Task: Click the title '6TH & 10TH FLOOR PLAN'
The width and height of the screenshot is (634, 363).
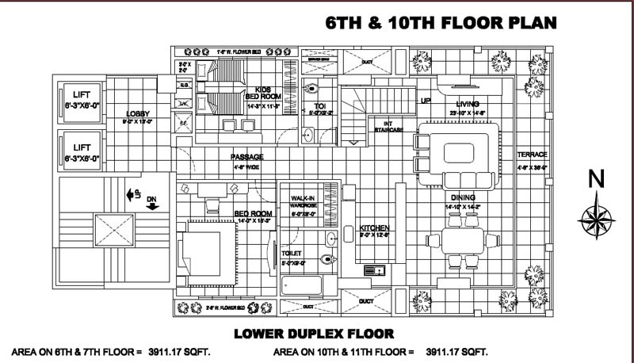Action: tap(441, 23)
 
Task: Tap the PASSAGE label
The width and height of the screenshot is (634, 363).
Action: tap(246, 157)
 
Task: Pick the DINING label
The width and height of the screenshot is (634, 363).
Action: tap(464, 198)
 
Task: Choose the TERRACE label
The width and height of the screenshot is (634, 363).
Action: tap(532, 155)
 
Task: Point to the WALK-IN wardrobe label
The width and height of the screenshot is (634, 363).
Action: tap(304, 199)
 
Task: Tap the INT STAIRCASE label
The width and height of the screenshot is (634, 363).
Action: tap(387, 126)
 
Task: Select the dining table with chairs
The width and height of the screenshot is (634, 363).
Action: tap(459, 242)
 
